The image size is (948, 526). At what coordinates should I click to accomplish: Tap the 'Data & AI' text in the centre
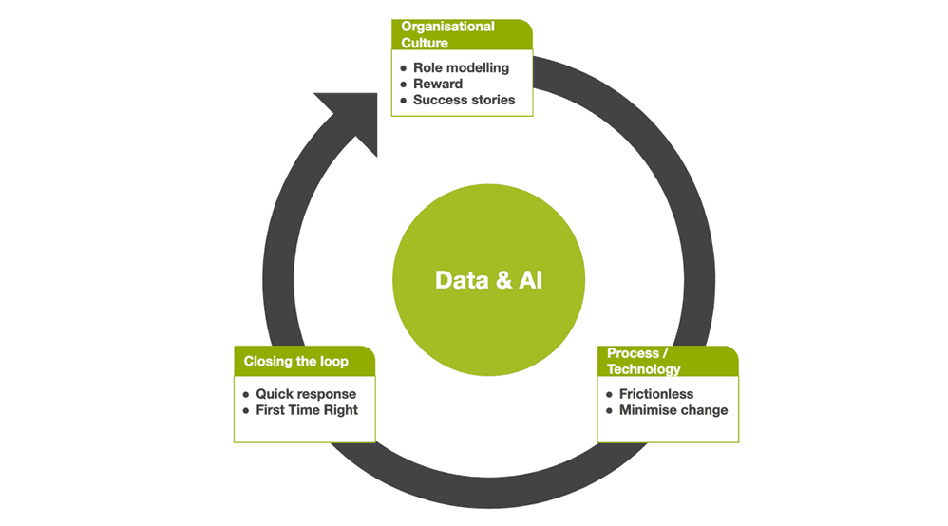pos(488,280)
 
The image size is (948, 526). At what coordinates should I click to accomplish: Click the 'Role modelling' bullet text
pos(461,68)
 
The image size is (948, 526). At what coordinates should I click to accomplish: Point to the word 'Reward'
pos(438,84)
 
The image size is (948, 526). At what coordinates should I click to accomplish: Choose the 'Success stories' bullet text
pos(464,100)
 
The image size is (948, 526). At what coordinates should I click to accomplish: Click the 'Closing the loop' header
pos(296,361)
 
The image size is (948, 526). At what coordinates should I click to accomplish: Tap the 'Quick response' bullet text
pos(306,394)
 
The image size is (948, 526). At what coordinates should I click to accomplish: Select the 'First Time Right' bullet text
pos(307,410)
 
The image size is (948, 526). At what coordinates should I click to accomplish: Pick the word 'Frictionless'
pos(656,394)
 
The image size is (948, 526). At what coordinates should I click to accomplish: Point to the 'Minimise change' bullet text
pos(673,410)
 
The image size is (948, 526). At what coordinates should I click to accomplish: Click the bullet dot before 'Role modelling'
pos(403,68)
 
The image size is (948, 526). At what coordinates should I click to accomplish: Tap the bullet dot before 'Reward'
pos(403,85)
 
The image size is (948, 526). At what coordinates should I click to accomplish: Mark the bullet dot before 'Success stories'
pos(403,100)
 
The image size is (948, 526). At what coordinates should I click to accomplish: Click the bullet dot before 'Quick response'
pos(245,394)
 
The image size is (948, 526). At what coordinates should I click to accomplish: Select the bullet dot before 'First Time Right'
pos(245,410)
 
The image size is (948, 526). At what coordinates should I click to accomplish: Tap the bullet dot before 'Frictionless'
pos(609,394)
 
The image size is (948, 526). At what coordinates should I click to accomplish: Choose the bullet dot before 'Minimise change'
pos(609,410)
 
